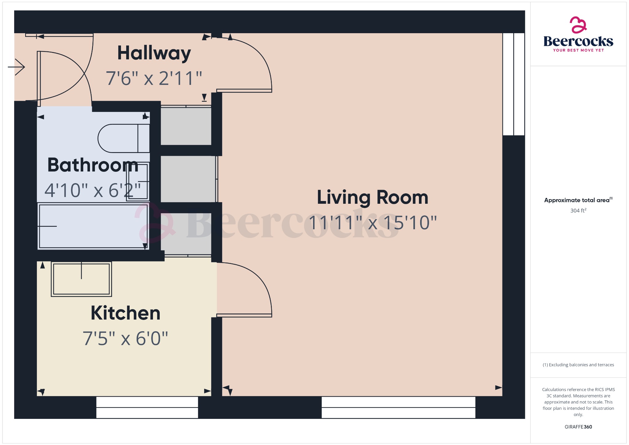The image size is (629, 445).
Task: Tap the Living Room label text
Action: (372, 197)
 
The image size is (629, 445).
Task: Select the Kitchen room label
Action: (126, 313)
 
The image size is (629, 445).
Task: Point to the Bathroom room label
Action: (93, 165)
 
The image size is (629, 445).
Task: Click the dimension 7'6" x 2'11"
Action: (154, 78)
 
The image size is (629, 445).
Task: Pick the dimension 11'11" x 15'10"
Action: (373, 223)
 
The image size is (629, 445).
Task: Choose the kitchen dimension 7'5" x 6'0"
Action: (125, 339)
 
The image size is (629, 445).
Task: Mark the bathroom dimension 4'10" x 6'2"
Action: (93, 191)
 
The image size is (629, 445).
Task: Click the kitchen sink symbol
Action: (81, 279)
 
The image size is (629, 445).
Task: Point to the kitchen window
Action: (147, 408)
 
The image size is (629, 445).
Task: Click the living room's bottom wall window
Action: (398, 408)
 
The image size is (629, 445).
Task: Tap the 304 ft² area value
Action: (578, 211)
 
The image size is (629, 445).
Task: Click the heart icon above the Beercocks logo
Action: (578, 25)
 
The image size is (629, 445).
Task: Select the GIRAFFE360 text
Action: (578, 427)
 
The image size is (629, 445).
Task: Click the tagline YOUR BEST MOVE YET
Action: (578, 50)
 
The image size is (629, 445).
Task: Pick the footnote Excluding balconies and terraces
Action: (578, 365)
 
